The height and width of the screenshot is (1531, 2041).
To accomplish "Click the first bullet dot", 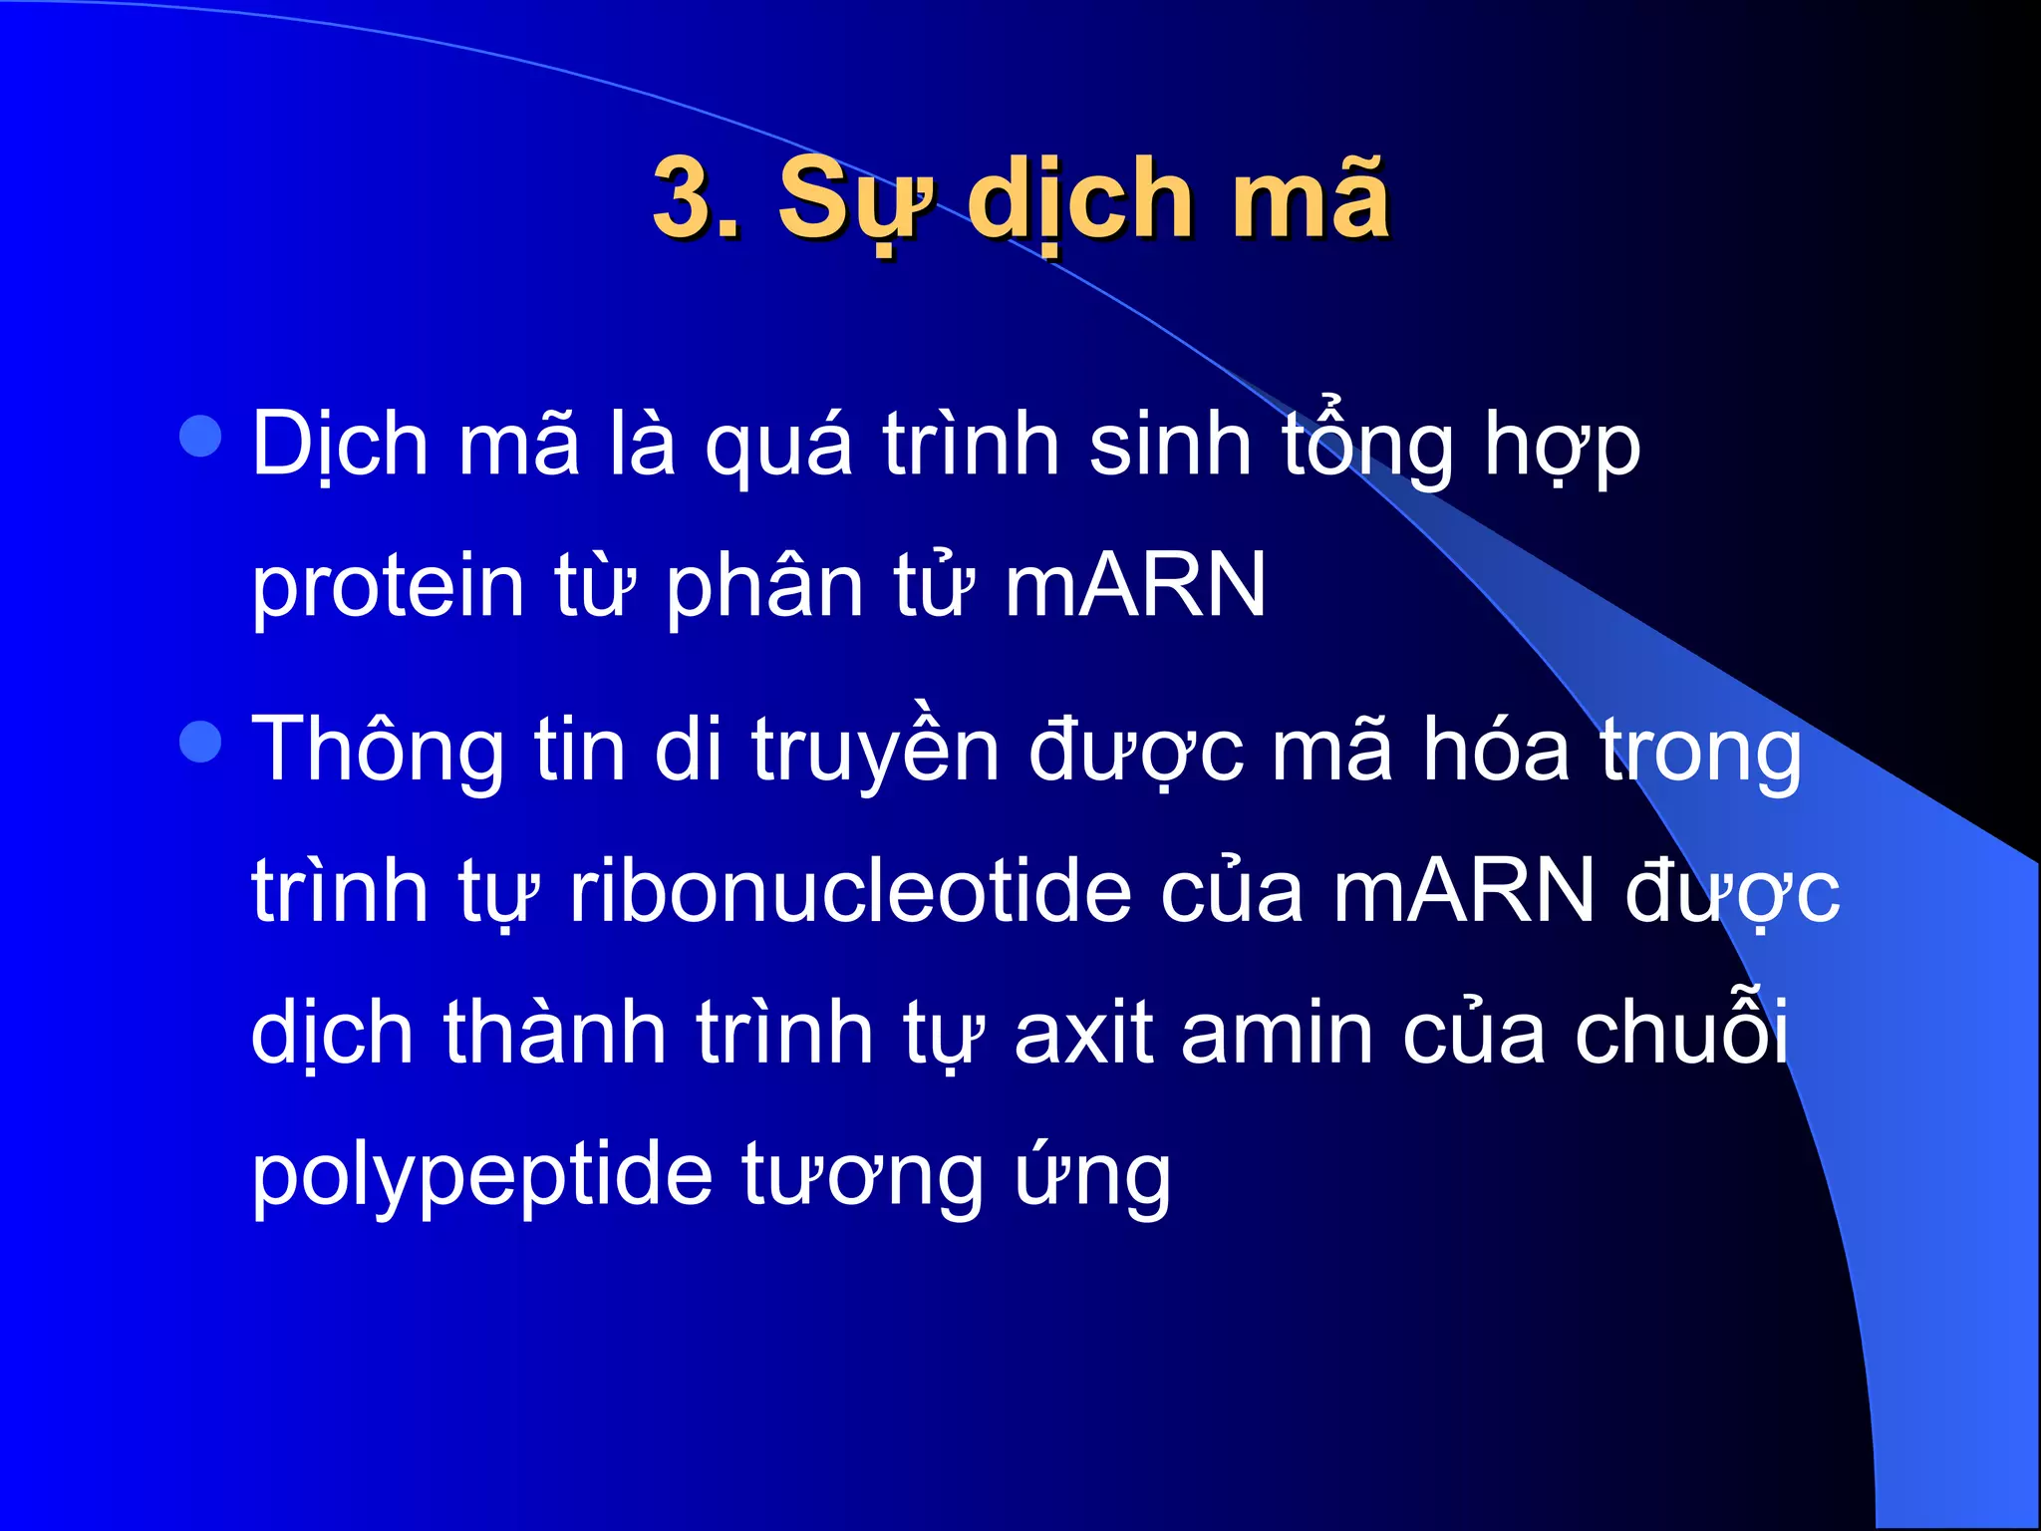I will click(201, 437).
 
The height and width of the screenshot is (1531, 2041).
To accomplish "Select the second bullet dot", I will click(201, 742).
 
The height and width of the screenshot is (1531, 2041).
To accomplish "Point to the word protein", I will click(388, 588).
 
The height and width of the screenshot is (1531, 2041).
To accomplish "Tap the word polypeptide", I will click(481, 1176).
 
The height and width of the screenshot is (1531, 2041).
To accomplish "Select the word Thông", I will click(378, 752).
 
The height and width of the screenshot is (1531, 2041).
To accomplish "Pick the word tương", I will click(862, 1176).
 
